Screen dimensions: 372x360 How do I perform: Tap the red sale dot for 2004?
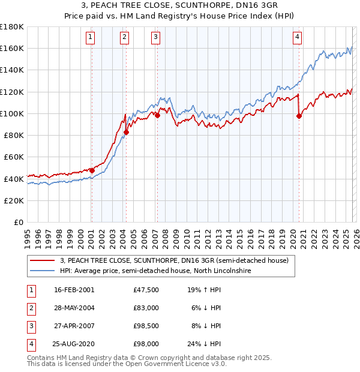tap(127, 132)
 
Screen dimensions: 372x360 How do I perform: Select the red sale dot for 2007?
tap(157, 115)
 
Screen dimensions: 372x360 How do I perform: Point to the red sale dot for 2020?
tap(299, 116)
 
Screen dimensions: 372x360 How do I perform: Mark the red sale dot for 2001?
tap(92, 170)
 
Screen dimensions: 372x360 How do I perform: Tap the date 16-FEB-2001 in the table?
tap(74, 289)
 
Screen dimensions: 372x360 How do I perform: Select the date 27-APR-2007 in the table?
tap(74, 326)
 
